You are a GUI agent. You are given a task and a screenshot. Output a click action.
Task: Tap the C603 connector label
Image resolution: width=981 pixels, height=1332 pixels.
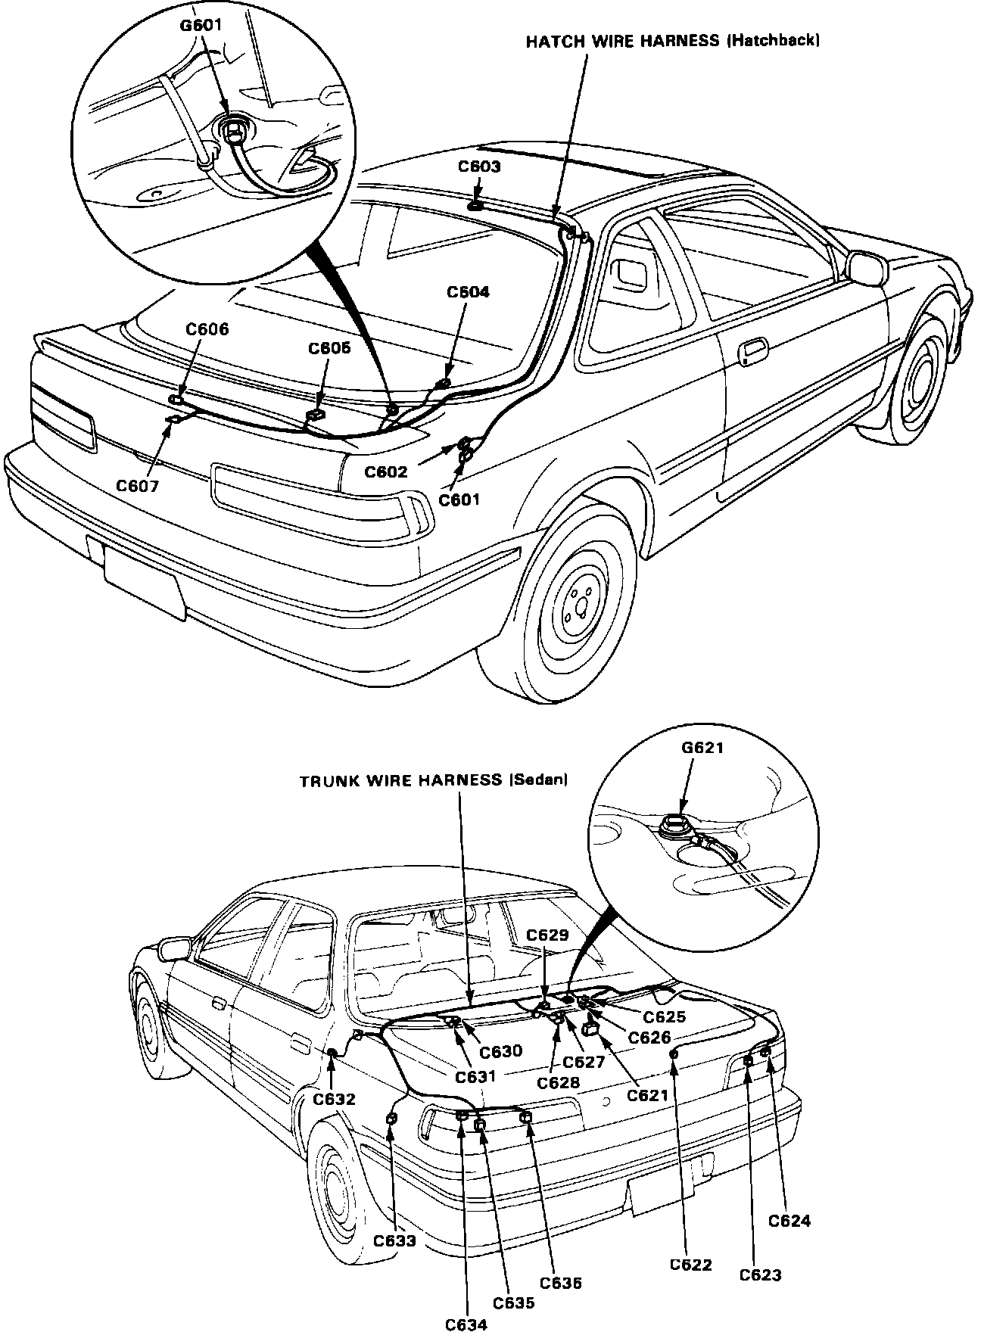click(479, 166)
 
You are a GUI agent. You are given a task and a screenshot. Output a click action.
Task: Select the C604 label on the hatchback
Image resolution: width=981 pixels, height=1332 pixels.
click(468, 292)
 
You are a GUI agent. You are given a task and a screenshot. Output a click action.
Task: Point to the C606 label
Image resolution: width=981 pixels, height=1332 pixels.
click(207, 329)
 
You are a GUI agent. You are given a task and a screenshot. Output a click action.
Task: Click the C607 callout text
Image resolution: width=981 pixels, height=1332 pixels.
click(138, 486)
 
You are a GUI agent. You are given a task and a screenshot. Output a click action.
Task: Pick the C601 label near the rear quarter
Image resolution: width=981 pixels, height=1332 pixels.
click(459, 499)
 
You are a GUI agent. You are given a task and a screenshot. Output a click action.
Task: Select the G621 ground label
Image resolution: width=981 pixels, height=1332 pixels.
click(702, 748)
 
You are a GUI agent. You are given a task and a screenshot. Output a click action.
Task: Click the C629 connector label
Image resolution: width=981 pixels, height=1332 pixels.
click(547, 935)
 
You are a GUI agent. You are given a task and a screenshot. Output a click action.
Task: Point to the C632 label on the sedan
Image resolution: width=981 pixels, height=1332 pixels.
click(334, 1100)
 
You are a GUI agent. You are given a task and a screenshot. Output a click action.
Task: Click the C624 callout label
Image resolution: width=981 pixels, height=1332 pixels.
click(789, 1221)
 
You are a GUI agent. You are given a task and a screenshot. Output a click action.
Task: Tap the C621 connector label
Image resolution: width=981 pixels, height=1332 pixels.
click(648, 1095)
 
